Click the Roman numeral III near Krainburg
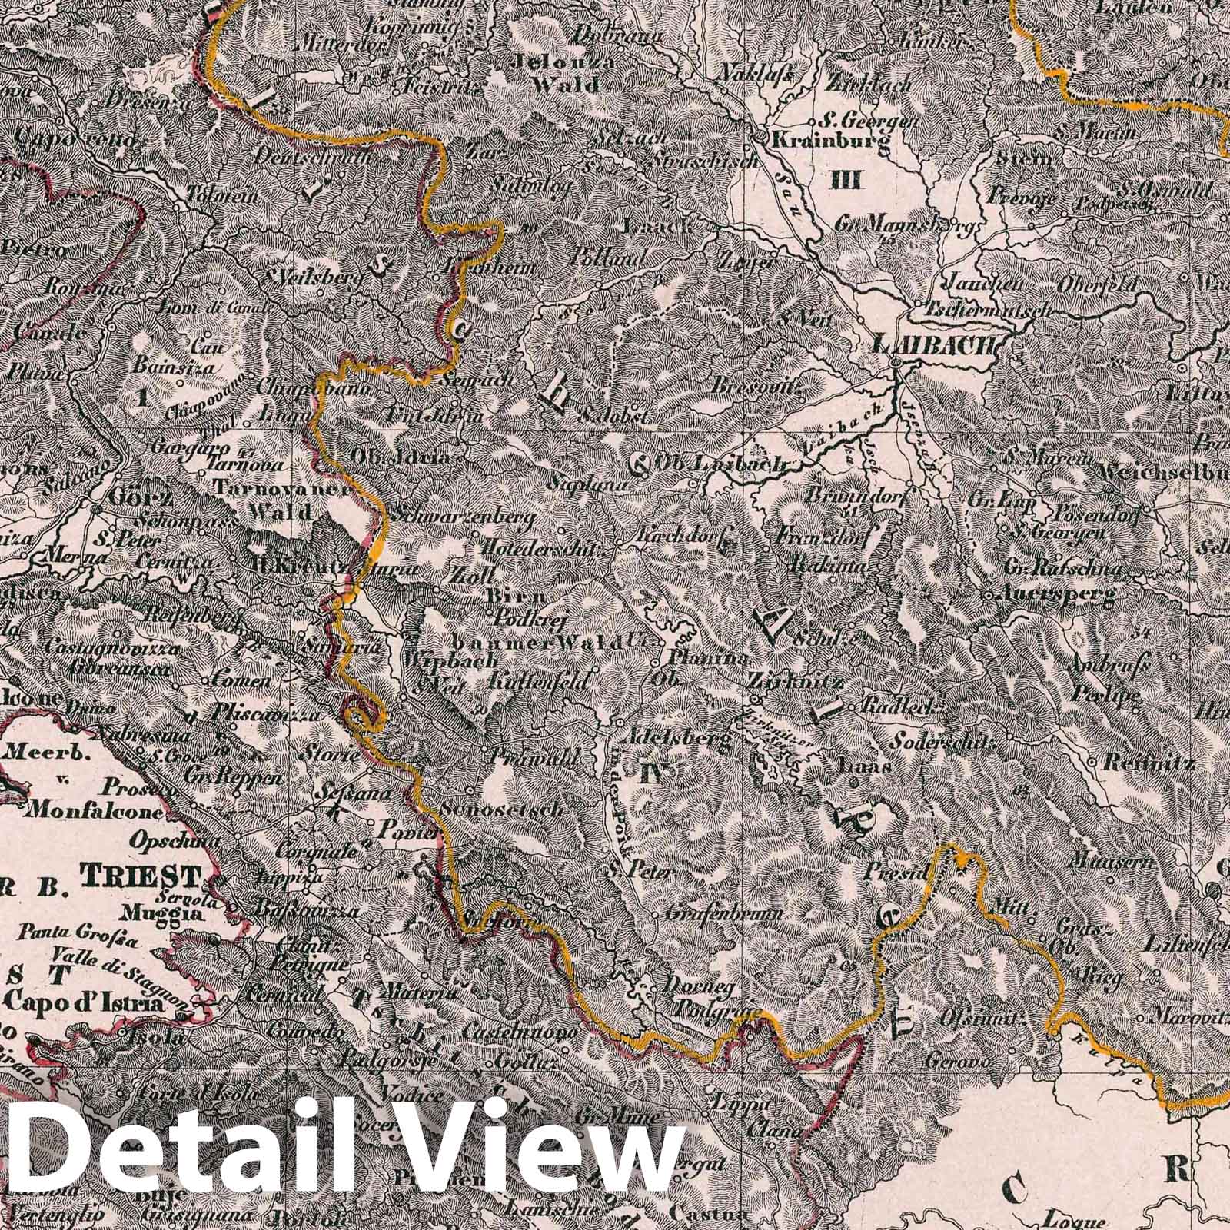(x=849, y=181)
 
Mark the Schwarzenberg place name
(x=463, y=517)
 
